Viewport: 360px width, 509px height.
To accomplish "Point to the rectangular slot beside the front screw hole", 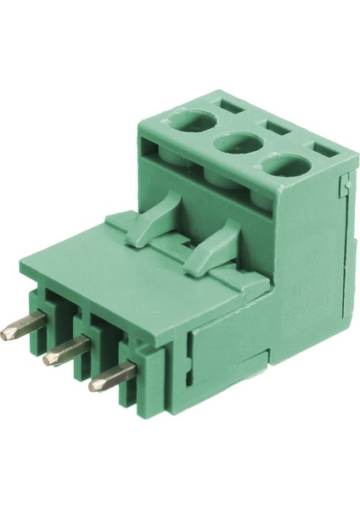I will (x=323, y=152).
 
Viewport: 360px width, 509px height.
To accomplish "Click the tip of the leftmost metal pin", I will (x=7, y=335).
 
